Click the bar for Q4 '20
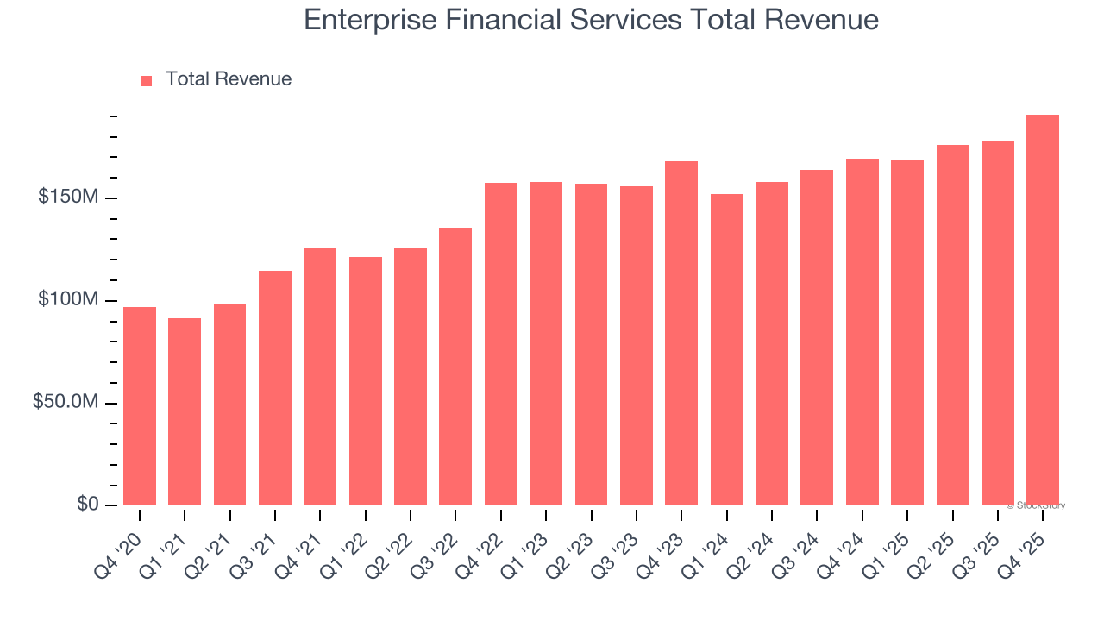point(140,406)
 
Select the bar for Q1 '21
point(185,411)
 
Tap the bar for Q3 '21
point(275,388)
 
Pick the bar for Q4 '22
point(501,344)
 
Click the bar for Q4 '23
point(681,333)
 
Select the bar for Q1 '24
point(727,349)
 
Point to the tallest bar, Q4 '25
point(1043,310)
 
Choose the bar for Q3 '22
point(455,367)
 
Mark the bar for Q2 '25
point(952,325)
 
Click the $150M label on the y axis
point(68,198)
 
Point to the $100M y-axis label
point(68,300)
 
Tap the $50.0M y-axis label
point(66,403)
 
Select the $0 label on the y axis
point(87,504)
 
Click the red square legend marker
point(147,80)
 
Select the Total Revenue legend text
point(229,79)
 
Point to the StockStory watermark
point(1036,505)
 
